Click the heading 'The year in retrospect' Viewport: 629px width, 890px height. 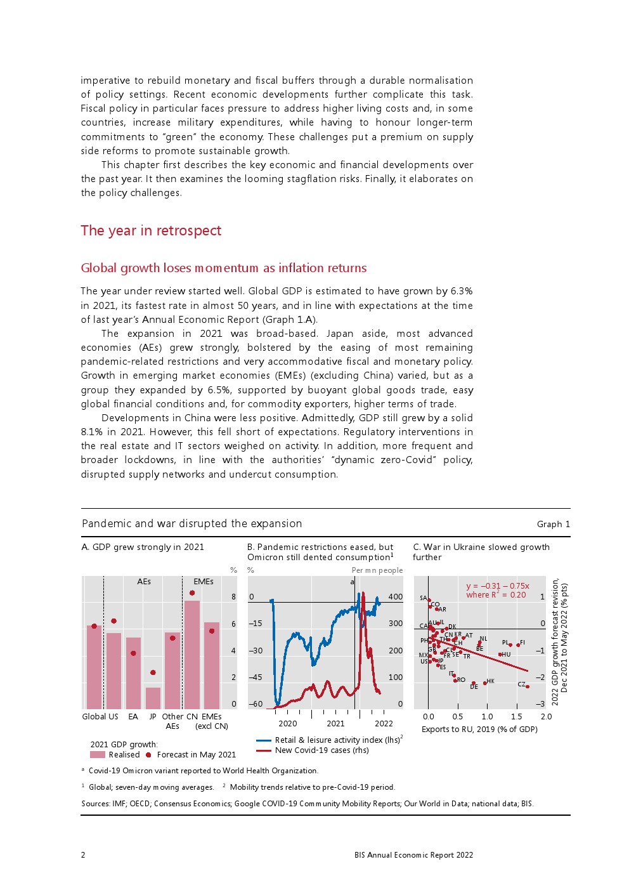pos(151,231)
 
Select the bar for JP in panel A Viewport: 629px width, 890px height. pos(153,698)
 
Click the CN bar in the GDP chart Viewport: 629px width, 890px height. pos(192,653)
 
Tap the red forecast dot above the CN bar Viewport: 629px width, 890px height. pos(192,593)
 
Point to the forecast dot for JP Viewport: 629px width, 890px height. pos(153,672)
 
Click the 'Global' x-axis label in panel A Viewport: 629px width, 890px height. pos(94,717)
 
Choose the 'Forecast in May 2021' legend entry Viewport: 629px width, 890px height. pos(190,755)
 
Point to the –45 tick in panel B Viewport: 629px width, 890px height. pos(255,677)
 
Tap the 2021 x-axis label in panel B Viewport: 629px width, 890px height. pos(335,724)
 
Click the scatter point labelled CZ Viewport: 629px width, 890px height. pos(528,686)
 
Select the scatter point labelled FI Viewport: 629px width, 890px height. pos(518,645)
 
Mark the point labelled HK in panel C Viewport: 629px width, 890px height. pos(485,683)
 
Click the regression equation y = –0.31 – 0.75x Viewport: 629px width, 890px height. pos(498,586)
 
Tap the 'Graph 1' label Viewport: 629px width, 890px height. pos(553,524)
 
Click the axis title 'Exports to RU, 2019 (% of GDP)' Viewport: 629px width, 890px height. pos(479,730)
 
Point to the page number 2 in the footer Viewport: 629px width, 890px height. pos(83,855)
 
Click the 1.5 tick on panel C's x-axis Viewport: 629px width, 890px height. pos(516,717)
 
